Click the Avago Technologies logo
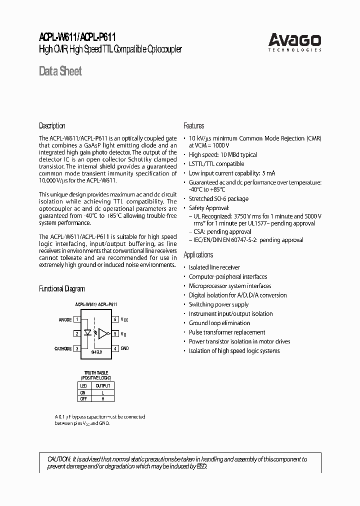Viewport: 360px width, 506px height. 294,41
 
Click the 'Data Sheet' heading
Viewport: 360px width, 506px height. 60,71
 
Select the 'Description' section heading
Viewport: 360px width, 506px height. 52,126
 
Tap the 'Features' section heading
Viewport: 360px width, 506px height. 193,126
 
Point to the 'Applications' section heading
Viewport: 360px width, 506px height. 198,255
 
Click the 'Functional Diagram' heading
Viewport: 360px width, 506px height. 62,289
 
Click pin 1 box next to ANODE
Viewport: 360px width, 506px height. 77,319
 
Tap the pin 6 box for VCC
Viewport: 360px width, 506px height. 115,319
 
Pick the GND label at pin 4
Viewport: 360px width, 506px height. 125,348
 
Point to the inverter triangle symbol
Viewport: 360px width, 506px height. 103,333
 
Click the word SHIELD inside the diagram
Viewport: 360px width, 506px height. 96,352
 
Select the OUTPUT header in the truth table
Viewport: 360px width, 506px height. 102,385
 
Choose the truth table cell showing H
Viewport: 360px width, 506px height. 102,398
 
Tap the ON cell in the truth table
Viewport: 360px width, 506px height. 83,392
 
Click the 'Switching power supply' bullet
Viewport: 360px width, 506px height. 218,304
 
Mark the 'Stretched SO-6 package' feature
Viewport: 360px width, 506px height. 218,198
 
